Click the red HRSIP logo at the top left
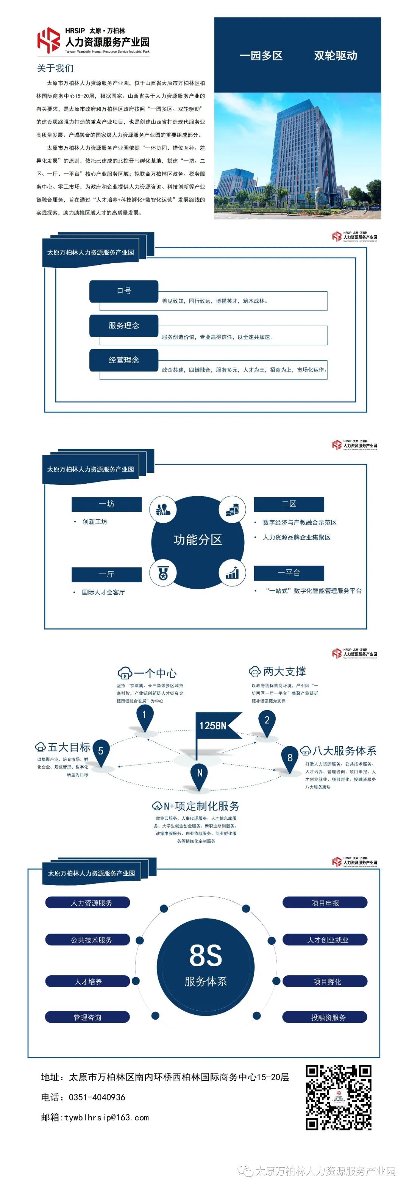pyautogui.click(x=48, y=40)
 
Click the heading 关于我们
pyautogui.click(x=55, y=68)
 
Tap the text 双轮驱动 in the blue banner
pyautogui.click(x=335, y=56)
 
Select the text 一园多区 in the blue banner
pyautogui.click(x=261, y=56)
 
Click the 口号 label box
pyautogui.click(x=124, y=291)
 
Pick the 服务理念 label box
pyautogui.click(x=124, y=325)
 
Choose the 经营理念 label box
pyautogui.click(x=124, y=360)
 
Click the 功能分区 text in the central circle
pyautogui.click(x=198, y=539)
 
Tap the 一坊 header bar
pyautogui.click(x=107, y=504)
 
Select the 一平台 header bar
pyautogui.click(x=289, y=573)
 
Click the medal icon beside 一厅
pyautogui.click(x=162, y=573)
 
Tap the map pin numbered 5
pyautogui.click(x=101, y=751)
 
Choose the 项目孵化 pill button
pyautogui.click(x=325, y=981)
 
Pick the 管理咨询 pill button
pyautogui.click(x=88, y=1017)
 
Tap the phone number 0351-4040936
pyautogui.click(x=97, y=1097)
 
